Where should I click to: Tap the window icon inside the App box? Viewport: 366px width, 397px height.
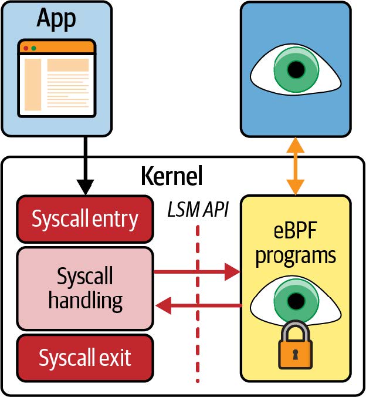(x=56, y=77)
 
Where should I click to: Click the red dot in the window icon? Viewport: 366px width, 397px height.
(x=26, y=48)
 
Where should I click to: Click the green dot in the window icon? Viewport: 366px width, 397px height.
(x=33, y=48)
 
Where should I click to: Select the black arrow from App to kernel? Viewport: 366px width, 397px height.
(x=86, y=164)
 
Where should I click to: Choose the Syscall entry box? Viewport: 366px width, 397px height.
(x=85, y=219)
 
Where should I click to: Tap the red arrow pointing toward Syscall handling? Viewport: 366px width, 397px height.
(x=199, y=305)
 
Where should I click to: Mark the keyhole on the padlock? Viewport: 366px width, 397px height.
(x=296, y=355)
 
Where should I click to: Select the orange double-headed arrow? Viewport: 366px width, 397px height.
(x=296, y=166)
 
